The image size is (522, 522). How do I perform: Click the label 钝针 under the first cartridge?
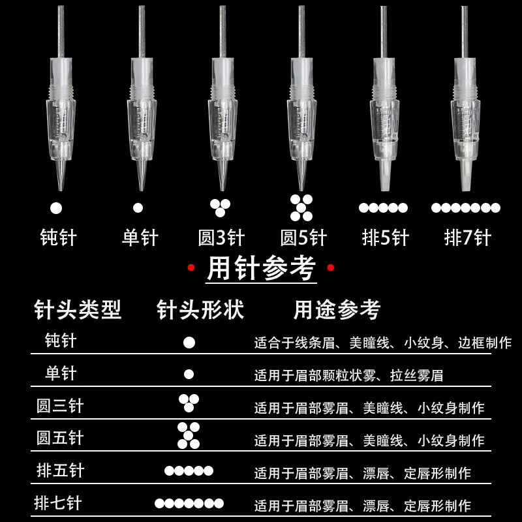point(57,237)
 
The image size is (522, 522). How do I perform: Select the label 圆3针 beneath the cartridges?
point(221,237)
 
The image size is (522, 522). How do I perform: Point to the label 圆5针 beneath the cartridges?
point(302,237)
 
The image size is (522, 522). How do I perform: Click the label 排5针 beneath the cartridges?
point(384,237)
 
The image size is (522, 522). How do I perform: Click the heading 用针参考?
point(261,269)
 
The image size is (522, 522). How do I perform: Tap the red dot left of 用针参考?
point(191,268)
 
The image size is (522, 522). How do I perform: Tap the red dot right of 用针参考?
point(331,268)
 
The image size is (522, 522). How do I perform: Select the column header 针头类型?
point(78,310)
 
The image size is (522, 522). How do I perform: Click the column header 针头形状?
point(200,310)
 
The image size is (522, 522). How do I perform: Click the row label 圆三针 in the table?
point(60,406)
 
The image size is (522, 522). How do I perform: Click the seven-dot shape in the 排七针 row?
point(189,503)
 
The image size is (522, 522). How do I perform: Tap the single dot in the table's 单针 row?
point(189,375)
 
